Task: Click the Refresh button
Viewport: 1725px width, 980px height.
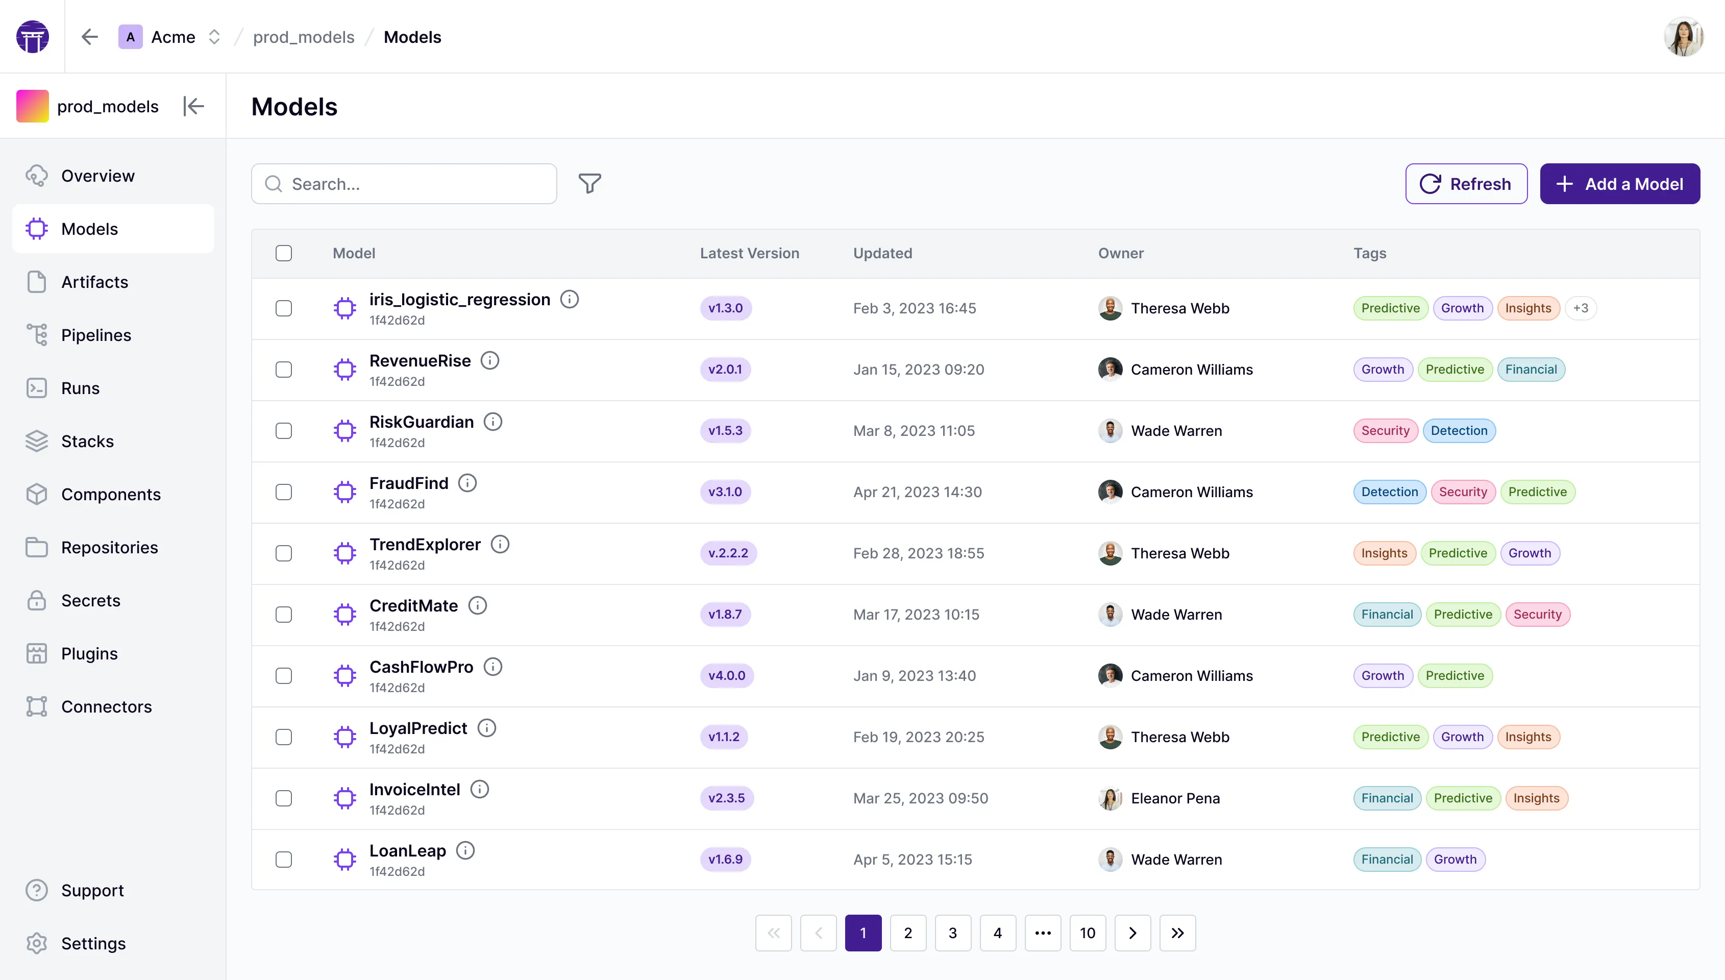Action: tap(1466, 184)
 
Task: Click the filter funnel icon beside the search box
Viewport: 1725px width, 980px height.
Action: tap(589, 184)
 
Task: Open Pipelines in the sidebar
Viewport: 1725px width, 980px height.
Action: tap(95, 335)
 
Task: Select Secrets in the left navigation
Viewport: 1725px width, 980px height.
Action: tap(90, 600)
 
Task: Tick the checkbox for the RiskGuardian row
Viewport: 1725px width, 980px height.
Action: tap(284, 431)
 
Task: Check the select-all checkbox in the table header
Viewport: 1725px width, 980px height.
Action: tap(284, 253)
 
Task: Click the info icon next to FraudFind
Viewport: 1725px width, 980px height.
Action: tap(467, 483)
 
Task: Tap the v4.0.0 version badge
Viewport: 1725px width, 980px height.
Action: tap(727, 676)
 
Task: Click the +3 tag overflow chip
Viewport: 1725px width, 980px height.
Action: tap(1581, 308)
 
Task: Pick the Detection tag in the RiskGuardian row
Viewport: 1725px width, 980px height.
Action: tap(1459, 431)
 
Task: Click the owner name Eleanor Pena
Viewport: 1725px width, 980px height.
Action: tap(1175, 798)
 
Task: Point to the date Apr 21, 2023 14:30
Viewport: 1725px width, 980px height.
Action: tap(917, 492)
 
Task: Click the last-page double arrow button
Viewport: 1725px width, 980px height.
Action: tap(1177, 933)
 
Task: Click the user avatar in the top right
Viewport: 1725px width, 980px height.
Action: tap(1683, 37)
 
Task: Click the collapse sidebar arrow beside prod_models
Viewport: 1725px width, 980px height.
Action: tap(193, 106)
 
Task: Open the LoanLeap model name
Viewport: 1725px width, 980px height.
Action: tap(408, 851)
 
